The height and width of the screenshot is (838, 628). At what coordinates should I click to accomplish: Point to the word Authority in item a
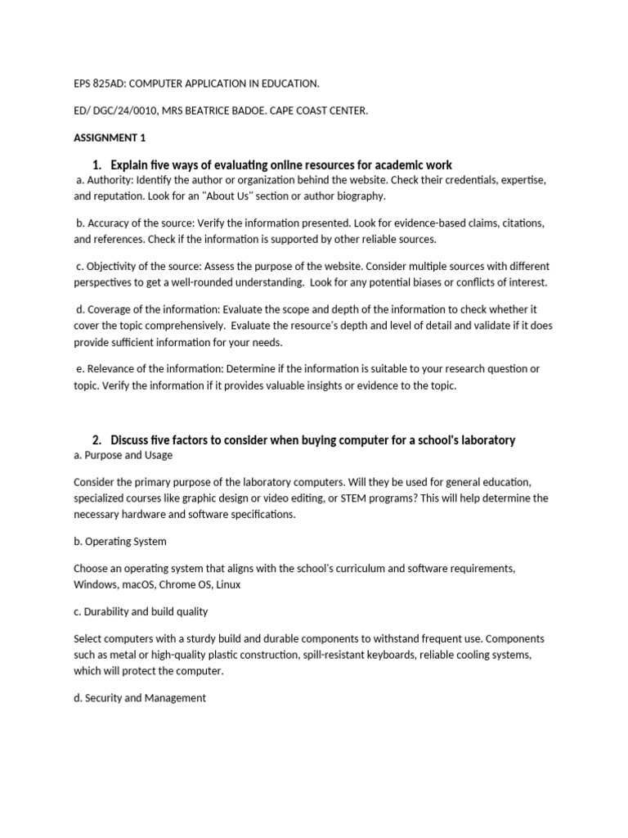pyautogui.click(x=111, y=179)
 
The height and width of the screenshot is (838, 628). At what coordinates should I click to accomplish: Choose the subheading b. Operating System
pyautogui.click(x=120, y=542)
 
